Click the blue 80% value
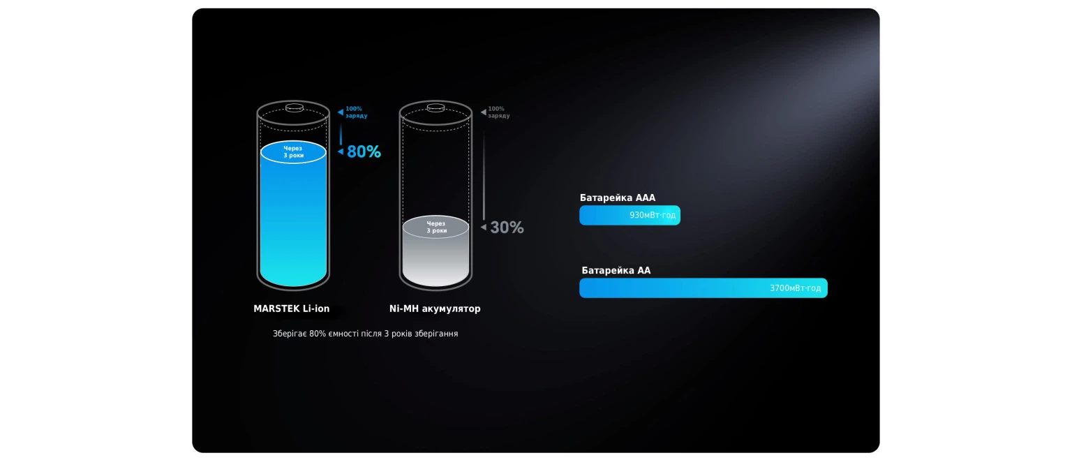(x=364, y=151)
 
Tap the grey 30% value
(x=507, y=228)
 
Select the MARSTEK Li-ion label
(x=292, y=309)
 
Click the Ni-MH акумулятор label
(x=435, y=309)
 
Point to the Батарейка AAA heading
(x=618, y=198)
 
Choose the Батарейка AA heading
(x=616, y=270)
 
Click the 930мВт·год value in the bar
(x=653, y=216)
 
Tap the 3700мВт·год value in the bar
(x=795, y=288)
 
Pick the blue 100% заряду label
(x=356, y=112)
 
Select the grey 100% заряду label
(x=498, y=112)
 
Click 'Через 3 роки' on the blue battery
(x=293, y=151)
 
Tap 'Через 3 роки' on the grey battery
(x=436, y=227)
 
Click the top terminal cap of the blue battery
(x=295, y=107)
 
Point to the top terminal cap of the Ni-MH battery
(x=435, y=107)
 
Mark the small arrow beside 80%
(x=341, y=151)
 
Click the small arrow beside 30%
(x=484, y=227)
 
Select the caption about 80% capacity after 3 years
(x=365, y=334)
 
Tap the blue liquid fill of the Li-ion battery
(x=293, y=220)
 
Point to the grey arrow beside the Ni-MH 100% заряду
(x=484, y=112)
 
